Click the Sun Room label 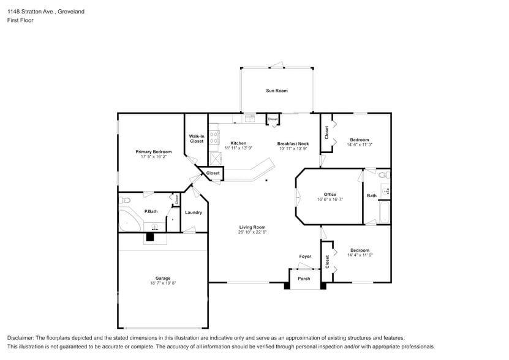pos(276,91)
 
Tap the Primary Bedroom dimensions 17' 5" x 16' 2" pos(153,157)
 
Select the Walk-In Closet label pos(196,139)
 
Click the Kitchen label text pos(238,143)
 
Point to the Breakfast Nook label pos(293,143)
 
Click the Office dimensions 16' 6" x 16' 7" pos(330,200)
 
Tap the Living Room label pos(252,227)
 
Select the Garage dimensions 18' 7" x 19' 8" pos(162,283)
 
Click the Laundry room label pos(194,212)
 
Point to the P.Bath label pos(151,211)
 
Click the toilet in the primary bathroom pos(125,200)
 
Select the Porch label pos(304,279)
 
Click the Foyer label pos(304,257)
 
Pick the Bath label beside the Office pos(372,196)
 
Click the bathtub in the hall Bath pos(384,214)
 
